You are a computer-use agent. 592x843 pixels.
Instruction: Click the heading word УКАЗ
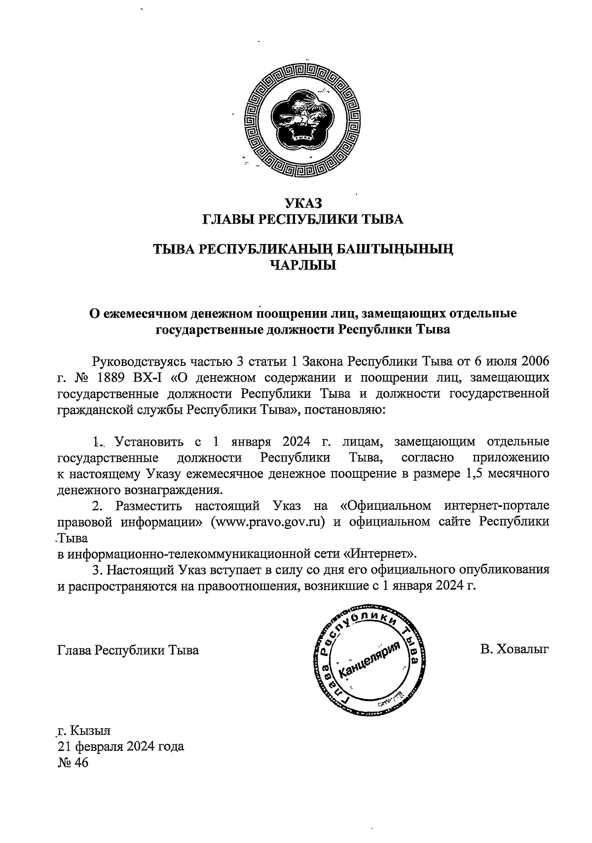303,203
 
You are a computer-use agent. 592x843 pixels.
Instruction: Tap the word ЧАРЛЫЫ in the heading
303,266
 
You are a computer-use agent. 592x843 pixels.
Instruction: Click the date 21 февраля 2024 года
121,746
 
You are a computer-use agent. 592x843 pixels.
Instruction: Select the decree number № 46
72,763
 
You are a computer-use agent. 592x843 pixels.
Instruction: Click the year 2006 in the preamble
532,361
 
